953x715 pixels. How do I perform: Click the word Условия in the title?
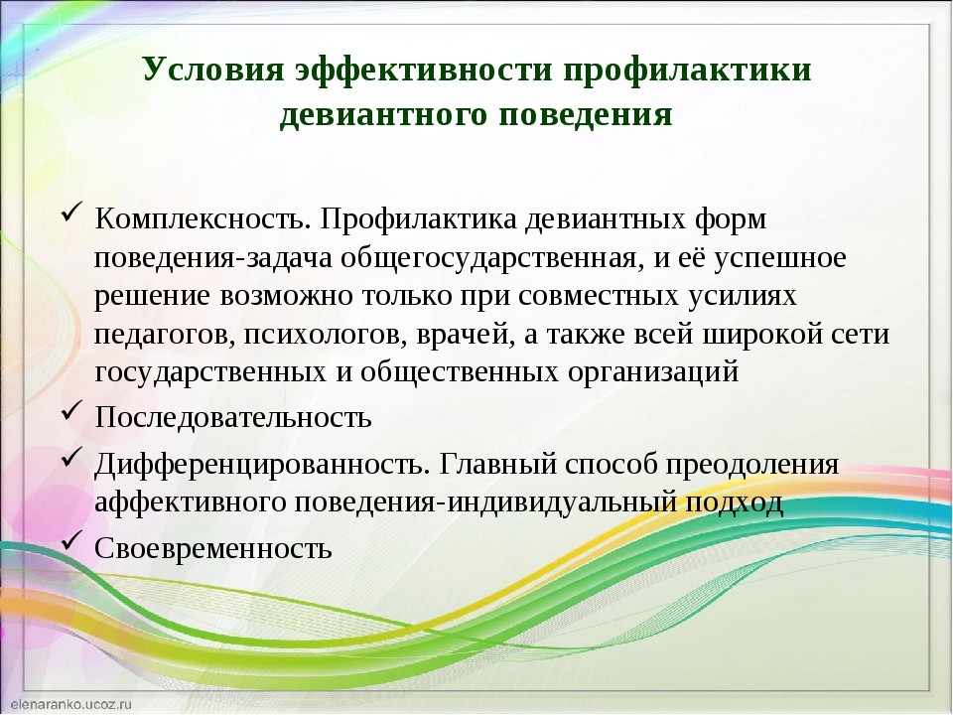214,70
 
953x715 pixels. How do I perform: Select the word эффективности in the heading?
424,70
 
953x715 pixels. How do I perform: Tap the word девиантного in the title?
384,114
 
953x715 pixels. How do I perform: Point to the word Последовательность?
232,417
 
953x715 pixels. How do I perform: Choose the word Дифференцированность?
259,465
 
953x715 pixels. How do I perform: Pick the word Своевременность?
213,548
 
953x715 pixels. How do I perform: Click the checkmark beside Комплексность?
71,214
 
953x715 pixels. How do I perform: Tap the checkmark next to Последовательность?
71,412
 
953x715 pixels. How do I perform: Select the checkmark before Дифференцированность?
71,459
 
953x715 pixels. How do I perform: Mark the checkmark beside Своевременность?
71,542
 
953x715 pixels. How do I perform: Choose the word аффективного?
191,502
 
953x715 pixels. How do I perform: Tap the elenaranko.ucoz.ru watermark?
71,704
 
